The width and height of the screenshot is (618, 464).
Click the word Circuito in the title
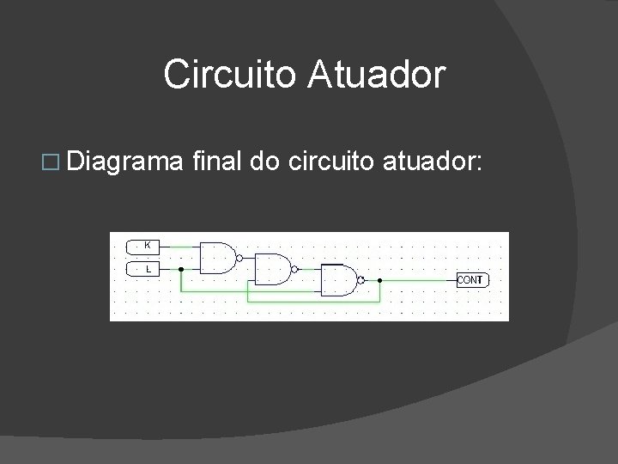point(225,74)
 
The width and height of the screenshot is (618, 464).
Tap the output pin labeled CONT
point(471,280)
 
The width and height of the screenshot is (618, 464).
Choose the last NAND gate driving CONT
point(339,280)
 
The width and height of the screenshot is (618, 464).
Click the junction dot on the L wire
point(180,269)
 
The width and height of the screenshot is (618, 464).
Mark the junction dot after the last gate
point(380,280)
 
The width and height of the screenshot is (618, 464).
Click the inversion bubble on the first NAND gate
point(239,257)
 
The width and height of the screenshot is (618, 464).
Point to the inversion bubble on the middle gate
point(294,269)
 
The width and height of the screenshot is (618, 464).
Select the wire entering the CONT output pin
point(421,280)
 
